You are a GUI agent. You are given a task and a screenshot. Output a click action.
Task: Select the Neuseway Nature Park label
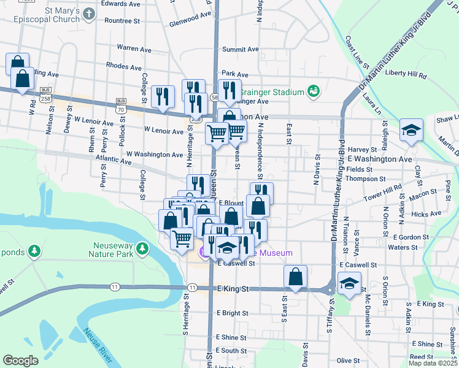(110, 248)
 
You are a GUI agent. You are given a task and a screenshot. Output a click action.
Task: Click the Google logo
(20, 361)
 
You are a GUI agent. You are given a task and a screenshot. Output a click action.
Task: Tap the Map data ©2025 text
(432, 363)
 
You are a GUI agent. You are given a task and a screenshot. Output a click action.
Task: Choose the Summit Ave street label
(241, 50)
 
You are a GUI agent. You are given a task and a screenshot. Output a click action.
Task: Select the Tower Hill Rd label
(382, 190)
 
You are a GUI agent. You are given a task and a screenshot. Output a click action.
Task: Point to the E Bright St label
(232, 313)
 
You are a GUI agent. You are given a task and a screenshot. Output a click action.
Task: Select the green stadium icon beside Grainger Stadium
(314, 91)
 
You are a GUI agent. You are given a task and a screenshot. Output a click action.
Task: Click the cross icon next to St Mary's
(90, 13)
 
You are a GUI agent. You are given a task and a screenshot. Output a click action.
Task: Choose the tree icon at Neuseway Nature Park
(142, 248)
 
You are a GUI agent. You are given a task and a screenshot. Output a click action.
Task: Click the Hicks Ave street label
(426, 214)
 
